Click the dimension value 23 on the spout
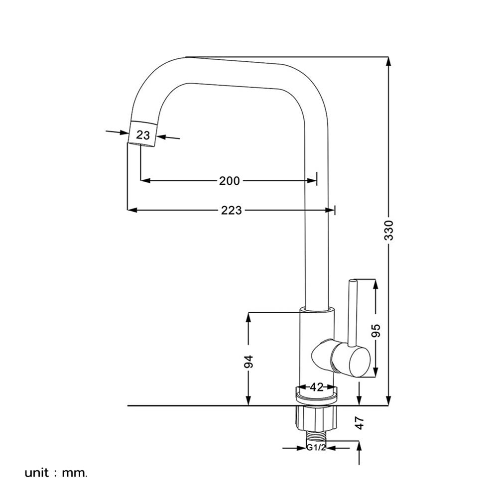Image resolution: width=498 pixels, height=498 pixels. coord(143,135)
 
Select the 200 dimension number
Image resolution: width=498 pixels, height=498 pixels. coord(229,181)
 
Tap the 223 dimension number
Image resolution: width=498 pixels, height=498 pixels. coord(231,211)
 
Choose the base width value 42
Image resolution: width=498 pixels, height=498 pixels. coord(317,387)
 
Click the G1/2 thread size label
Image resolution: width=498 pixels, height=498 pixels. coord(316,448)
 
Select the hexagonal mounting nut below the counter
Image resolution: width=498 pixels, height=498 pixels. coord(316,417)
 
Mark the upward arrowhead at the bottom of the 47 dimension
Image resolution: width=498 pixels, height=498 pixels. coord(360,446)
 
